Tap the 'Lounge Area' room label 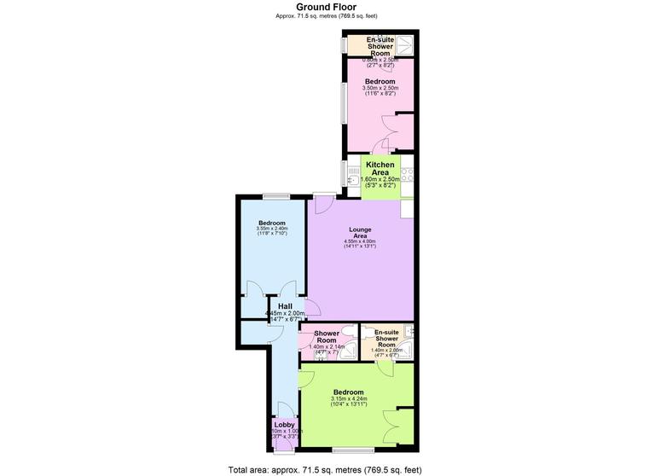click(359, 232)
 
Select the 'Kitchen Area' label click(380, 169)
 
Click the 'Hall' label click(285, 306)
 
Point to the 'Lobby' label click(284, 424)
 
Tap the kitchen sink click(352, 177)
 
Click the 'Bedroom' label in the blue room click(271, 223)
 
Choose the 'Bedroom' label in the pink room click(379, 81)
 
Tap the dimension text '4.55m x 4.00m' click(359, 241)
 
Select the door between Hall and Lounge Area click(312, 310)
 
